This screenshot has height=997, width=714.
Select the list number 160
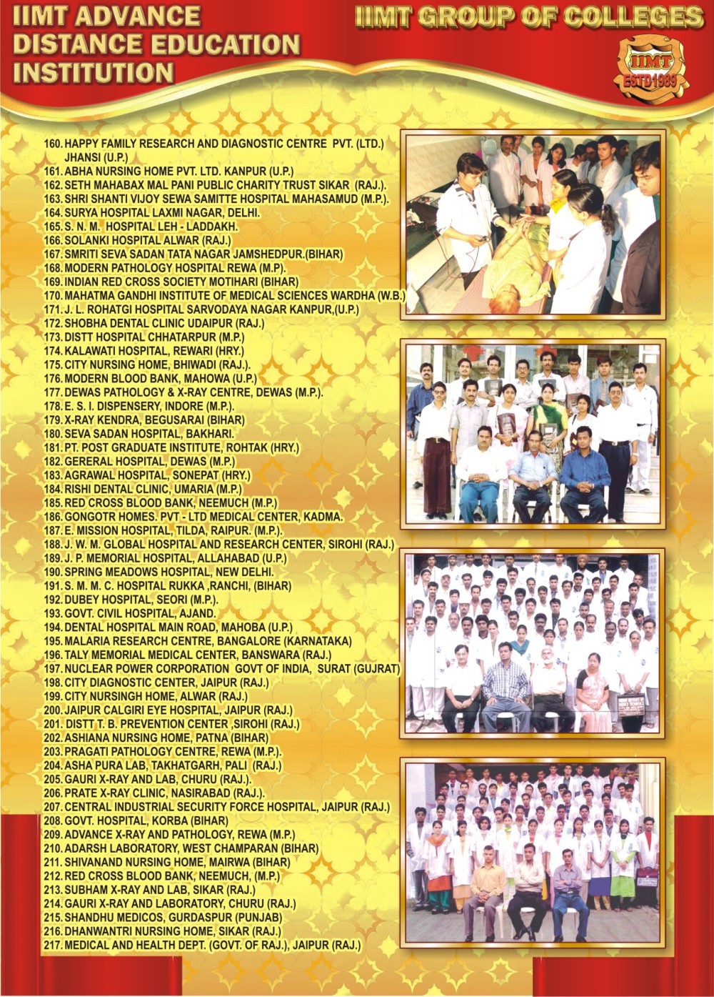(54, 144)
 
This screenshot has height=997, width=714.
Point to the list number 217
(54, 945)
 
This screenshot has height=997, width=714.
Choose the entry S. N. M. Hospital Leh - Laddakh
(151, 227)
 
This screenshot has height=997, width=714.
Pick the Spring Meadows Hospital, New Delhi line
(169, 572)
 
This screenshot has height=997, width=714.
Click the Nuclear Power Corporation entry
(231, 668)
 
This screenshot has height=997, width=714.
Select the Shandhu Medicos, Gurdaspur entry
(173, 917)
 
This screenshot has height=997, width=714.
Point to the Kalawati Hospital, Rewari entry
(154, 351)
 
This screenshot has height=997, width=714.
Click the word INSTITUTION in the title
(93, 72)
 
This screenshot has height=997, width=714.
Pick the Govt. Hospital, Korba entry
(146, 820)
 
